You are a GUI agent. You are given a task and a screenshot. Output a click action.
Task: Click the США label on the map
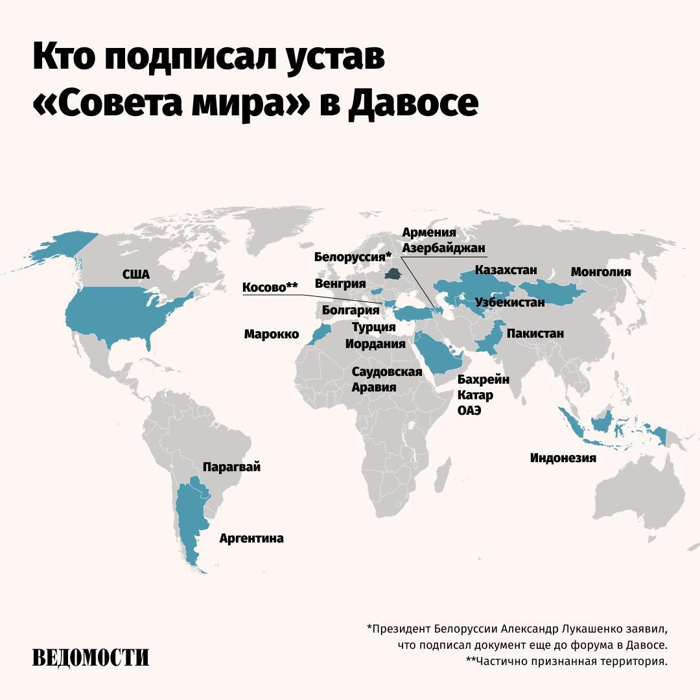tap(136, 275)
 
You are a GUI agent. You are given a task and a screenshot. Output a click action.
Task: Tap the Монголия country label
tap(600, 272)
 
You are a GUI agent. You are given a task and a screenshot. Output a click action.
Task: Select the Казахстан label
tap(506, 270)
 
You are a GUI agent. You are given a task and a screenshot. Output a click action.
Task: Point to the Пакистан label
tap(535, 334)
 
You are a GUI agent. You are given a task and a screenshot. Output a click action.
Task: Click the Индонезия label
tap(563, 458)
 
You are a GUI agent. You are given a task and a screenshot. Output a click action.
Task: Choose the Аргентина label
tap(251, 539)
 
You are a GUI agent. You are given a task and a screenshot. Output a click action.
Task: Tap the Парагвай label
tap(231, 467)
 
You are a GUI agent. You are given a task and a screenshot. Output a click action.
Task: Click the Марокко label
tap(272, 334)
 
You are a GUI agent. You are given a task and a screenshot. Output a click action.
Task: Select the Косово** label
tap(270, 287)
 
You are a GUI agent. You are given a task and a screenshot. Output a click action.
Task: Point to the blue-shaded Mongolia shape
tap(551, 294)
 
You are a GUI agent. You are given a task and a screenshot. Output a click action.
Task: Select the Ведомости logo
tap(91, 657)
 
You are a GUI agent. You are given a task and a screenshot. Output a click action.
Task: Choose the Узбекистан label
tap(509, 303)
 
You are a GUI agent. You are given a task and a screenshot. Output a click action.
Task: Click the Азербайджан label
tap(443, 248)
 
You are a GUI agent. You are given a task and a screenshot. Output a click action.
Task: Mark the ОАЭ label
tap(469, 411)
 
